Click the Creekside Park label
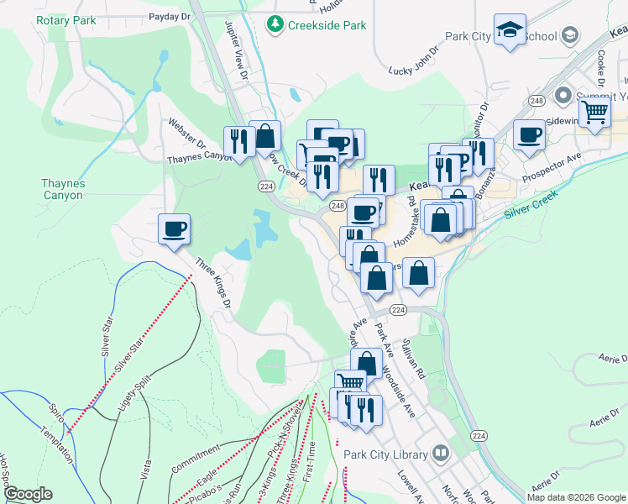point(327,25)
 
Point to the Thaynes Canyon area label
point(63,189)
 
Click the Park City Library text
point(385,454)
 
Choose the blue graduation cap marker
point(510,32)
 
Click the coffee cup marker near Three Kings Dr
point(174,229)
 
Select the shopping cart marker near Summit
point(594,112)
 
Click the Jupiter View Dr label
point(238,51)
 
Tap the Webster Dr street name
point(187,130)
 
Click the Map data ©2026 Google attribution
point(577,497)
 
